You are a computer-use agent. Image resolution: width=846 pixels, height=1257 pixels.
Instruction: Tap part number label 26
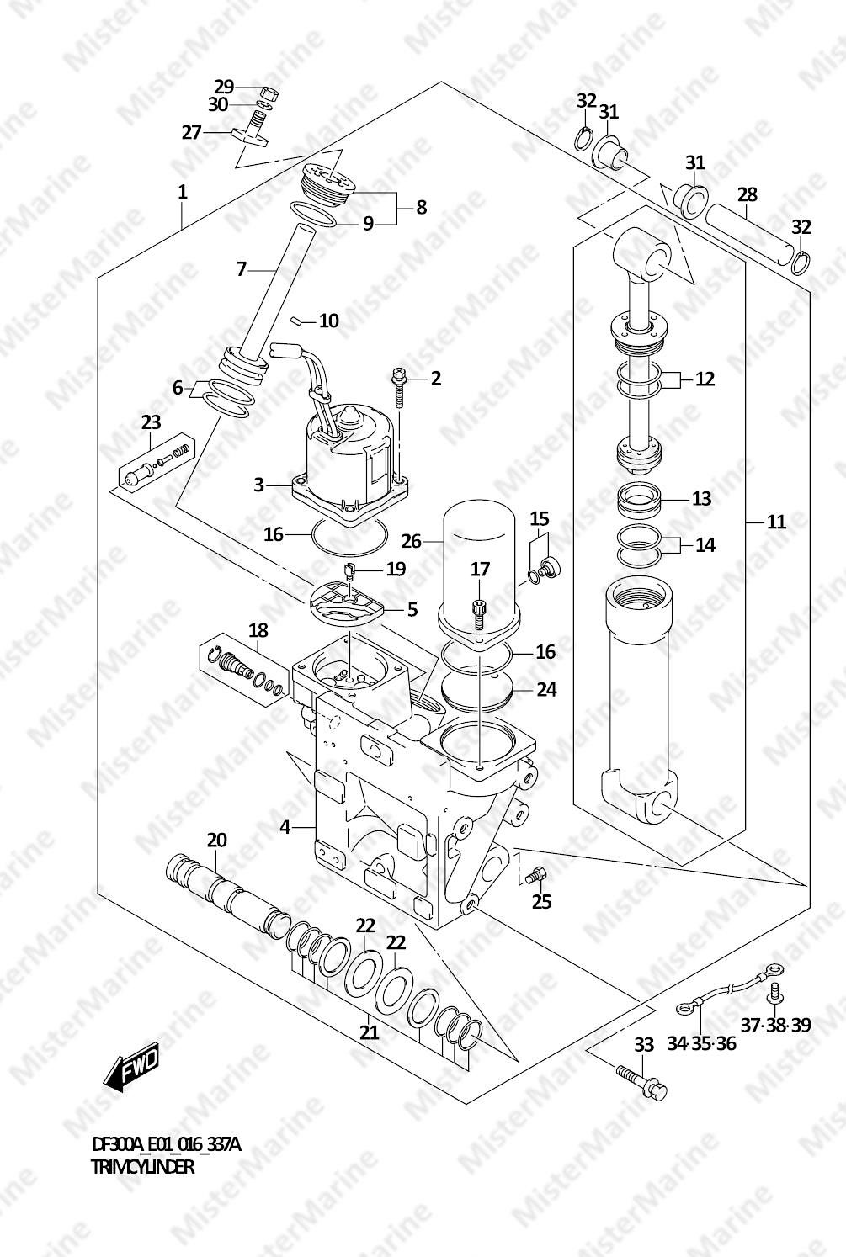412,541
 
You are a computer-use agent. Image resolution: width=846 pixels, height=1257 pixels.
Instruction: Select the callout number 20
216,840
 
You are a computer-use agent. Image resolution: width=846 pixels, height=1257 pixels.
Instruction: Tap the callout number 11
776,522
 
